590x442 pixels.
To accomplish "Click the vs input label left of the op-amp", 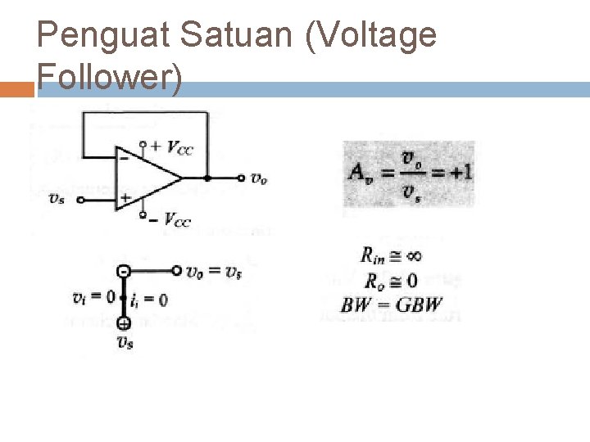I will [x=57, y=197].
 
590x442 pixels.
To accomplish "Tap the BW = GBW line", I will [x=392, y=306].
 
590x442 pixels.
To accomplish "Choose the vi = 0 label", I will [x=93, y=296].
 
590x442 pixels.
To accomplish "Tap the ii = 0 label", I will [x=149, y=300].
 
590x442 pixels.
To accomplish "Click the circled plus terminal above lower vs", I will [x=123, y=323].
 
